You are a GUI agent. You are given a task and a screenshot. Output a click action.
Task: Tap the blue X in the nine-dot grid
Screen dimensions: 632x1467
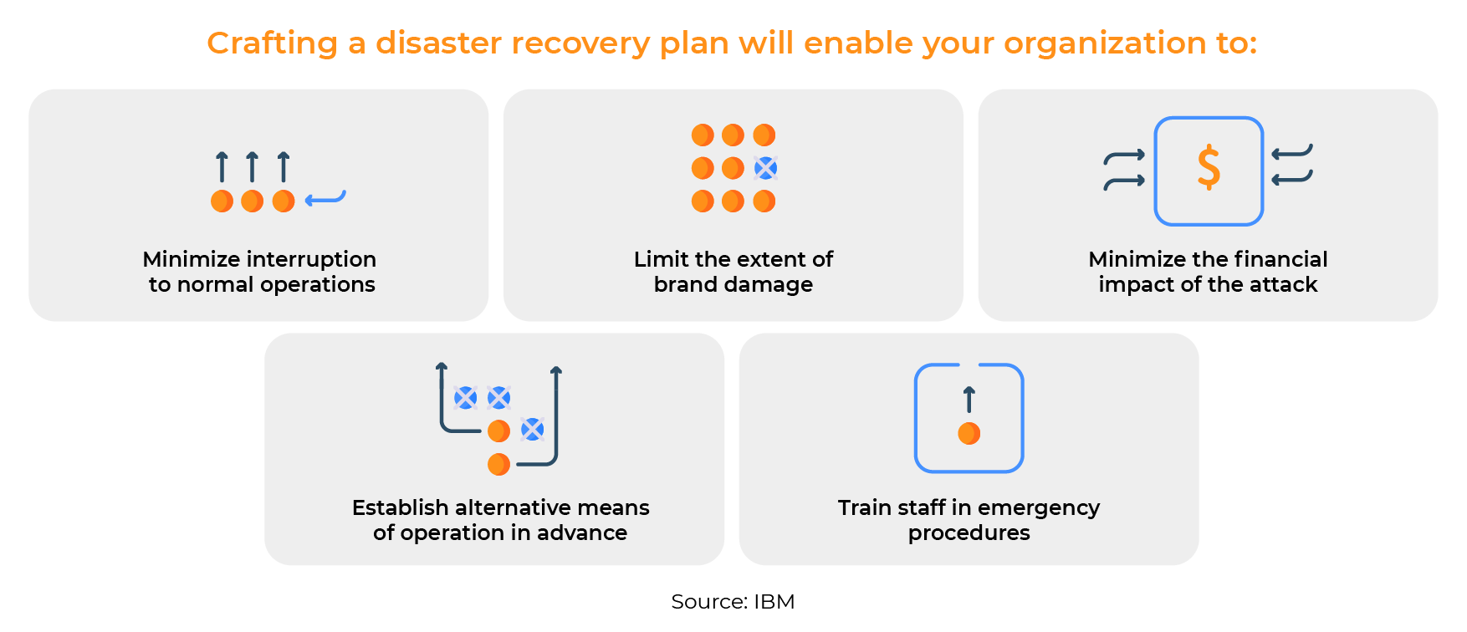click(765, 168)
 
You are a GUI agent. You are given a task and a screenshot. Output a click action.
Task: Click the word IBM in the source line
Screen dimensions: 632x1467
click(774, 602)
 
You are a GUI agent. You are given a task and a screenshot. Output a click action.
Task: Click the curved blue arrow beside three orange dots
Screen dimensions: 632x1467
click(325, 199)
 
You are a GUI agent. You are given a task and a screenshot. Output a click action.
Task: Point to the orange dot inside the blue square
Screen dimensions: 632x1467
click(969, 433)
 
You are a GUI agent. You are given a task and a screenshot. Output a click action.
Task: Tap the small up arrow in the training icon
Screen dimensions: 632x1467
click(969, 399)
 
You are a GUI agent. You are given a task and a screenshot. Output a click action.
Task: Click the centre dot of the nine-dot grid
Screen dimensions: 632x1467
click(733, 168)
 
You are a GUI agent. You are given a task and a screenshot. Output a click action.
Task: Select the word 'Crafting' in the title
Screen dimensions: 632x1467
click(272, 43)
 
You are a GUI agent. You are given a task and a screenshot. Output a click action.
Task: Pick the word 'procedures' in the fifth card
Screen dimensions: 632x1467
click(969, 533)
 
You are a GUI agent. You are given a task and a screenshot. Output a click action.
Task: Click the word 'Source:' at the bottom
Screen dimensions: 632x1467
click(708, 602)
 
